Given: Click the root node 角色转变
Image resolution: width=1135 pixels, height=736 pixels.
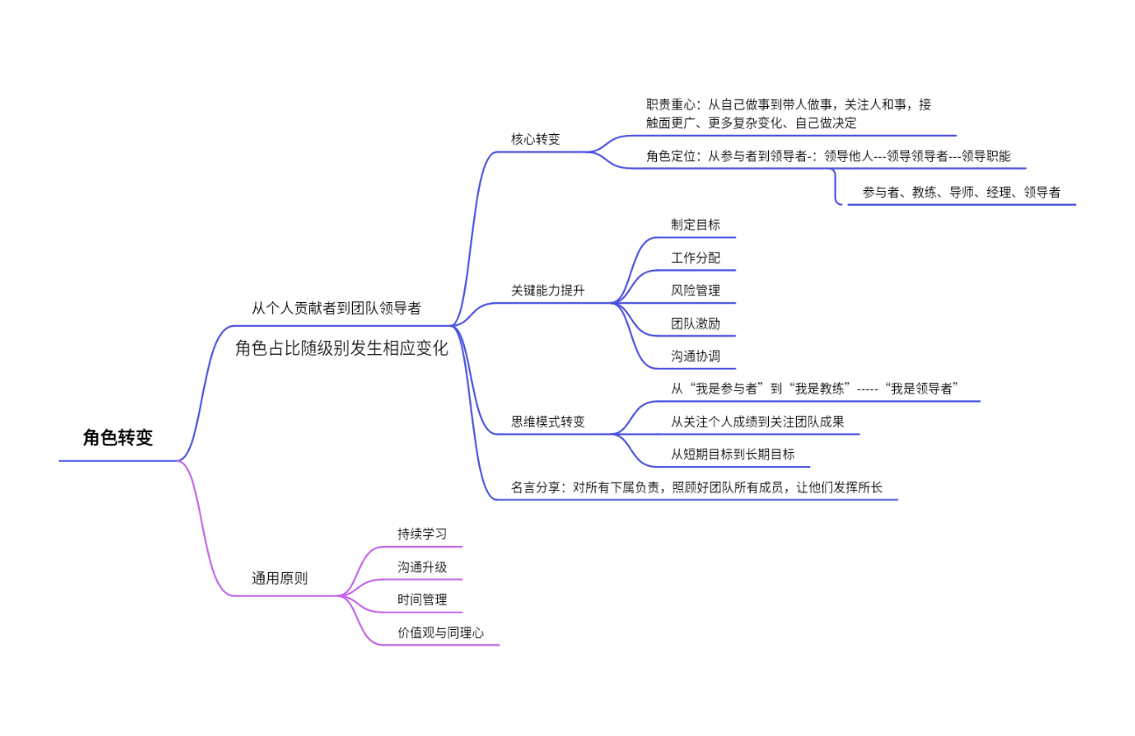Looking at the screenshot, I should [x=117, y=438].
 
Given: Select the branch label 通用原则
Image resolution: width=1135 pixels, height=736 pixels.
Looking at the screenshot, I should [x=279, y=578].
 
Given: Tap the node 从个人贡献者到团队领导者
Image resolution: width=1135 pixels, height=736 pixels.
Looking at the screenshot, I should [x=335, y=308].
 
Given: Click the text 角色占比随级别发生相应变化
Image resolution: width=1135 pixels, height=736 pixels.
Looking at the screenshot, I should [x=342, y=348].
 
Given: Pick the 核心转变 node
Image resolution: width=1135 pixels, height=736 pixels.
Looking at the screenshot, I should [x=535, y=138].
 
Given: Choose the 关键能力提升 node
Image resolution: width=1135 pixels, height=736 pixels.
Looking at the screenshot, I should [x=547, y=291].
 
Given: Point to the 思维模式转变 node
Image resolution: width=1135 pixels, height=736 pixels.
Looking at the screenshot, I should [x=547, y=421].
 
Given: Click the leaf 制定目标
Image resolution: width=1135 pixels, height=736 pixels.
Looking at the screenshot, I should [x=695, y=224].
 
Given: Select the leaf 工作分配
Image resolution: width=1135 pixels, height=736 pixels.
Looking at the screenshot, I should [x=695, y=258].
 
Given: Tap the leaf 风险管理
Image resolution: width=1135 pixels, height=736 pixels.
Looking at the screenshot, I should [x=695, y=290].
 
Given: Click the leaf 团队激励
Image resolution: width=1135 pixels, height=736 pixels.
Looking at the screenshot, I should [x=695, y=323].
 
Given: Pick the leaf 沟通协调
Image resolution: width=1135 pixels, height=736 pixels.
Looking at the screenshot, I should [x=695, y=357].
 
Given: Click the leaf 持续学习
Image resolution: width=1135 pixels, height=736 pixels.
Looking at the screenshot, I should [x=422, y=534].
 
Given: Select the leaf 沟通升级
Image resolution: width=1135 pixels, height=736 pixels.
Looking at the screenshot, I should [x=422, y=567].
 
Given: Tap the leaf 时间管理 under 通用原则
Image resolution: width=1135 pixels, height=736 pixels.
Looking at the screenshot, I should [x=422, y=599].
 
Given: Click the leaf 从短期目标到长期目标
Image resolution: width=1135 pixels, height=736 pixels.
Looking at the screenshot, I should [x=733, y=454].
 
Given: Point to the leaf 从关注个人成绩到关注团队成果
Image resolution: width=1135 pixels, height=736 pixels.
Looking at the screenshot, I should [x=758, y=421].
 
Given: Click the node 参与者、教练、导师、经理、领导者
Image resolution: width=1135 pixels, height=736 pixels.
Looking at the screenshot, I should [x=961, y=192].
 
